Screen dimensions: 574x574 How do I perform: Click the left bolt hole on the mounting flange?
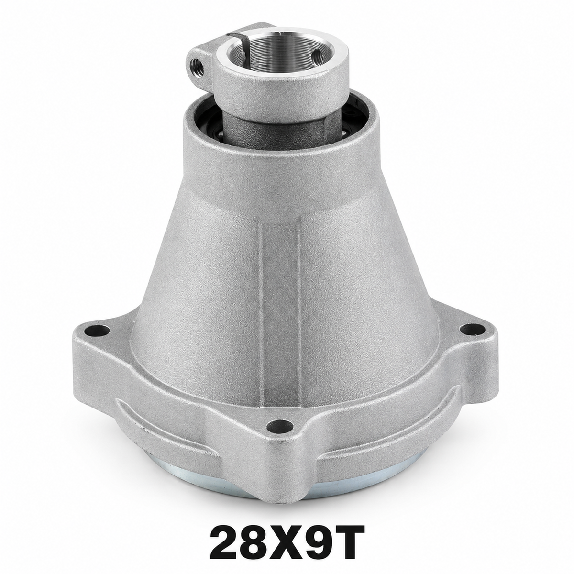[x=97, y=331]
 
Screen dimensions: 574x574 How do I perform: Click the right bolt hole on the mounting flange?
[x=471, y=330]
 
